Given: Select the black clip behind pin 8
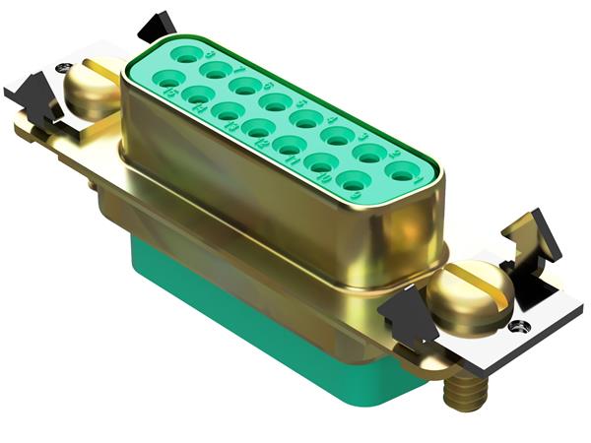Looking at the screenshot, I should pyautogui.click(x=157, y=25).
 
